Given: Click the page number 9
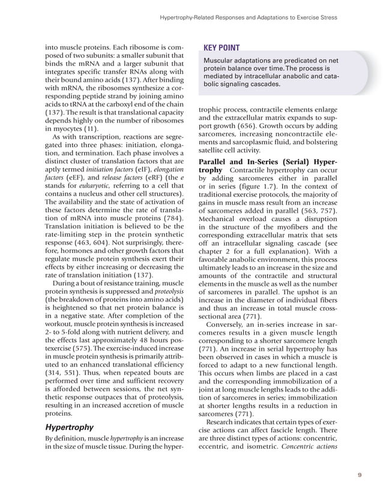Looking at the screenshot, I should (x=360, y=474).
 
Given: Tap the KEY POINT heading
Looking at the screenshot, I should (x=221, y=47).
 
